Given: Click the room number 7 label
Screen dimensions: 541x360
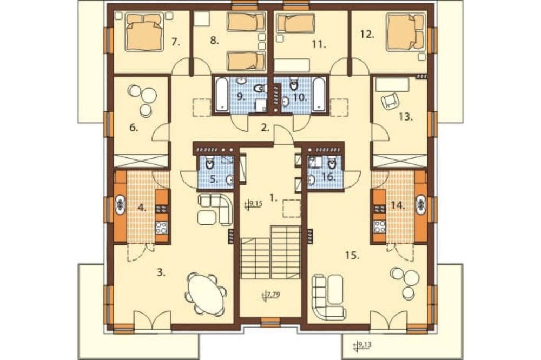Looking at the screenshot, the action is [x=176, y=42].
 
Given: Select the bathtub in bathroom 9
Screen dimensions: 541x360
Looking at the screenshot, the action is [x=222, y=95].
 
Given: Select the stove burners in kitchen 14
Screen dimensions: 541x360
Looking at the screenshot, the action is [x=380, y=226].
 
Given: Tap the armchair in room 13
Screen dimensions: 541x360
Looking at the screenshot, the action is [x=390, y=101].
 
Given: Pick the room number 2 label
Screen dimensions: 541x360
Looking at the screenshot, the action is [x=265, y=128].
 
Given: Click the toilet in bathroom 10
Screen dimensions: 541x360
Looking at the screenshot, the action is [x=294, y=84].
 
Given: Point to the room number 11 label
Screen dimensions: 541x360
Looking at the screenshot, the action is [x=319, y=44].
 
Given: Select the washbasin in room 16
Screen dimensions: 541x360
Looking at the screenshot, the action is [x=311, y=179].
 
